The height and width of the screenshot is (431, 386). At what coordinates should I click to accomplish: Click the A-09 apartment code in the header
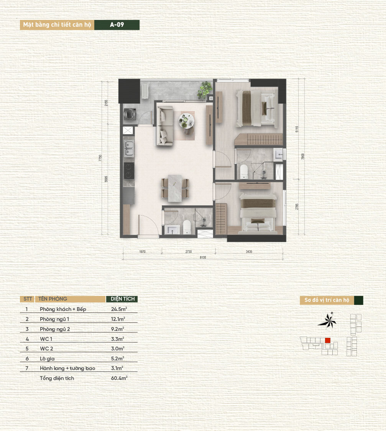pos(117,25)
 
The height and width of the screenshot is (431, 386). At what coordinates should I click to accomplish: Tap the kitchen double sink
pos(129,149)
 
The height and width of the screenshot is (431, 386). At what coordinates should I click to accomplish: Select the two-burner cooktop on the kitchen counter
pos(129,171)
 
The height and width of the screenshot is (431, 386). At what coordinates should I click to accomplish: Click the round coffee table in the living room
pos(187,120)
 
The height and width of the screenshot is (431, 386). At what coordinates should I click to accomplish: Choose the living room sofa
pos(164,127)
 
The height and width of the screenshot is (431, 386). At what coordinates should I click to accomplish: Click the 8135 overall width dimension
pos(203,257)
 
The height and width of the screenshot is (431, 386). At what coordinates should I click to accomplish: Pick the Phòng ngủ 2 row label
pos(54,329)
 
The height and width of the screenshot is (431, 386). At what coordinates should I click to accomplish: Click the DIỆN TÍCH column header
pos(122,299)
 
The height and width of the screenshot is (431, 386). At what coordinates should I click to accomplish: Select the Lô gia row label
pos(48,359)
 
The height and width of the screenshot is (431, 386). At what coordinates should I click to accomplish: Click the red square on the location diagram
pos(327,340)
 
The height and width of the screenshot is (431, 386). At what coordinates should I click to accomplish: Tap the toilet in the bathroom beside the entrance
pos(187,227)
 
